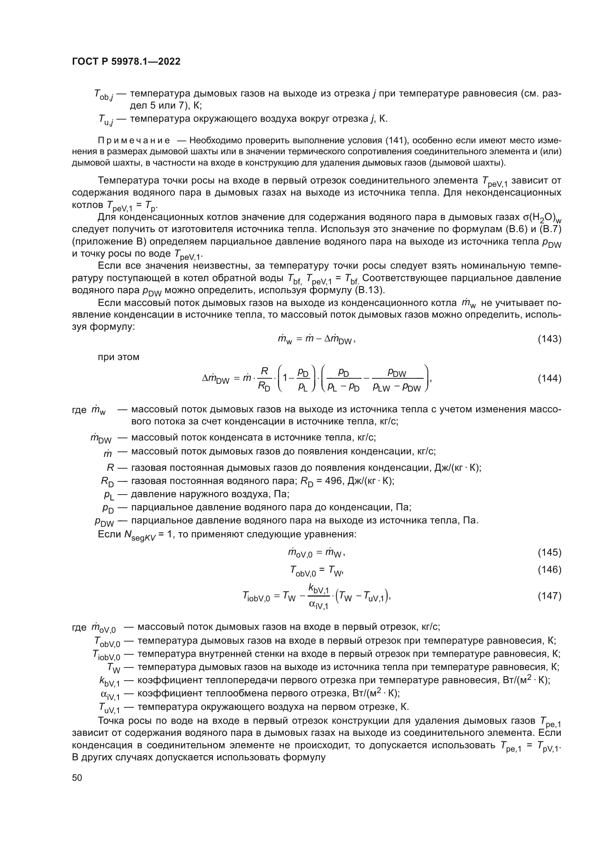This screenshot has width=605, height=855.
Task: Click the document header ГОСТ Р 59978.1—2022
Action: click(x=126, y=61)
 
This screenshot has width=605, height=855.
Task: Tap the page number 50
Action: click(x=77, y=778)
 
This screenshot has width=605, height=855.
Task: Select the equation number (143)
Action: click(x=549, y=339)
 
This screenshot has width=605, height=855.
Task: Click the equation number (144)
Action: click(x=549, y=378)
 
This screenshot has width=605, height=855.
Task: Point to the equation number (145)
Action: click(x=549, y=552)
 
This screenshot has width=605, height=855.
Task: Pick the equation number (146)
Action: click(x=549, y=570)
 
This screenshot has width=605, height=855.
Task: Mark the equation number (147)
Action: click(x=549, y=596)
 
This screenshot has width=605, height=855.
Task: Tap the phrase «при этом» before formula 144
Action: click(x=119, y=357)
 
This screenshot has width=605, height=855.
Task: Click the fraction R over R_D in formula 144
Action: click(x=264, y=378)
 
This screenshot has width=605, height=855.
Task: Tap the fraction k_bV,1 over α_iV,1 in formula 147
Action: click(x=319, y=596)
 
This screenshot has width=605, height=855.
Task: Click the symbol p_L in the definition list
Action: click(x=108, y=495)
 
